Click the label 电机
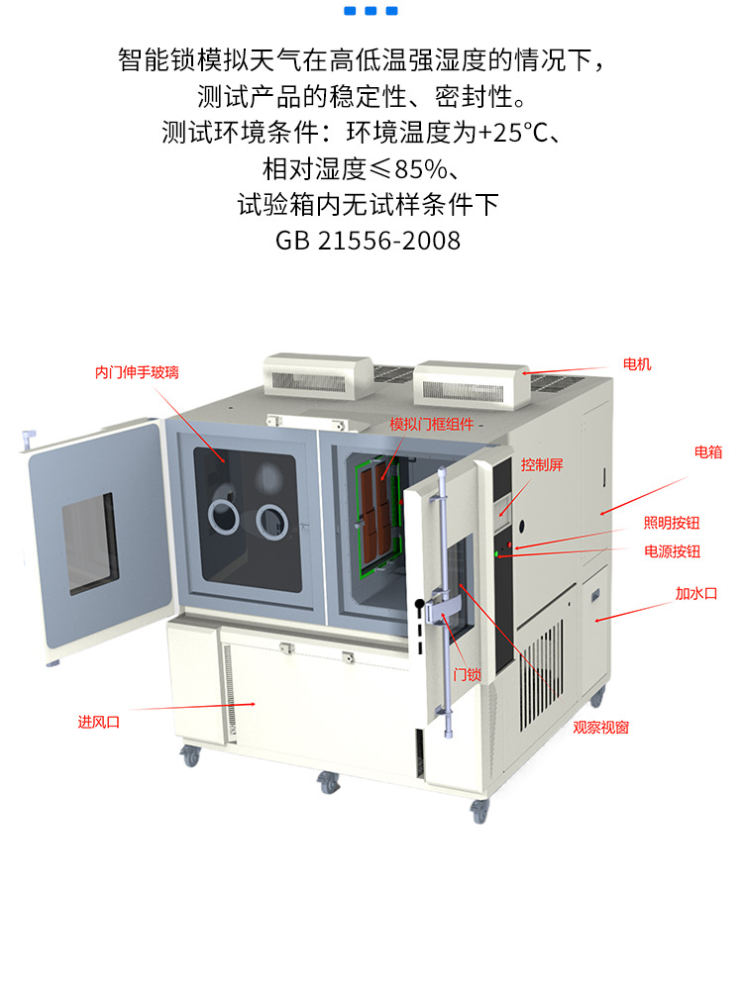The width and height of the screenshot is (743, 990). click(637, 364)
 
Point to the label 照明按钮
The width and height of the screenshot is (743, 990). click(672, 523)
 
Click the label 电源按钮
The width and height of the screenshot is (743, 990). click(672, 551)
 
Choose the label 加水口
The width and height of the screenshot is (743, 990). click(695, 594)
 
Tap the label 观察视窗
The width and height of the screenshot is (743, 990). click(600, 727)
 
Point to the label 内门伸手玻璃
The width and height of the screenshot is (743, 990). click(138, 372)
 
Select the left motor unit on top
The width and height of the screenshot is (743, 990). click(309, 374)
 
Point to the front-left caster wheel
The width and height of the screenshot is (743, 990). click(189, 757)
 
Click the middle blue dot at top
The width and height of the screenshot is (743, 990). click(371, 11)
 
